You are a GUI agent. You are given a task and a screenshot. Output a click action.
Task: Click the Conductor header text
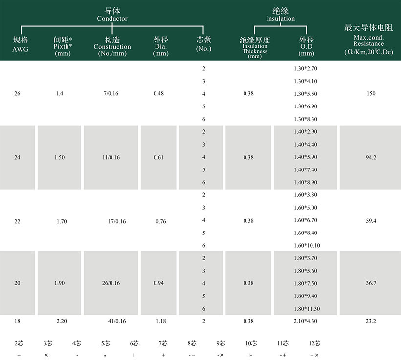point(112,19)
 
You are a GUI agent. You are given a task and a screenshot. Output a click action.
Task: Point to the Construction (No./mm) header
point(112,47)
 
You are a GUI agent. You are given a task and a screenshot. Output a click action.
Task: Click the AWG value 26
point(18,93)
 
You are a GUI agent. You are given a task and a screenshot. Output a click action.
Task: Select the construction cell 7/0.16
point(112,93)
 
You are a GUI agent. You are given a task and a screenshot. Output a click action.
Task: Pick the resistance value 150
point(371,93)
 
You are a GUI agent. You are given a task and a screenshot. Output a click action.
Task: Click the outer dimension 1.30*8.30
point(306,119)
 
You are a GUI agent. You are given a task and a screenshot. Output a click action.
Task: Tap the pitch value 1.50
point(60,157)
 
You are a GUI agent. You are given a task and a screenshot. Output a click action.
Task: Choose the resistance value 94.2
point(371,157)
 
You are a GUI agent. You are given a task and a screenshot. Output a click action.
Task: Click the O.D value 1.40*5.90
point(306,157)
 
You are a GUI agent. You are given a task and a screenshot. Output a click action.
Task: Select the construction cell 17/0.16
point(117,221)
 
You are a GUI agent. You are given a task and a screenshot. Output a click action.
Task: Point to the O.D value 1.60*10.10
point(307,245)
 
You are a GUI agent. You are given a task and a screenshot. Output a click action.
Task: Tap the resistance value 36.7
point(371,283)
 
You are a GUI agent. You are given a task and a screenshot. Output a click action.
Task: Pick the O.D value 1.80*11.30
point(307,309)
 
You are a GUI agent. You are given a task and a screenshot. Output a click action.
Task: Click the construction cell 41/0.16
point(117,321)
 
